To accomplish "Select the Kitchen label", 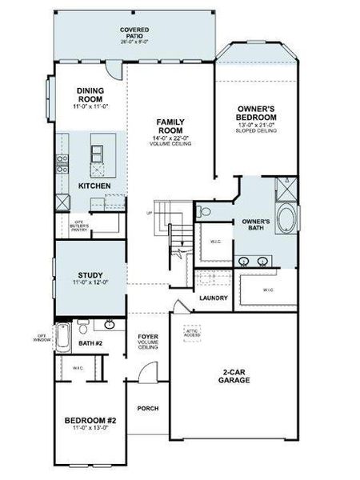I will pyautogui.click(x=94, y=186).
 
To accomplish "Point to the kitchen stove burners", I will pyautogui.click(x=61, y=164).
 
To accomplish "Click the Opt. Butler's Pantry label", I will pyautogui.click(x=78, y=225).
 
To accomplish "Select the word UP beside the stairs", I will pyautogui.click(x=148, y=214).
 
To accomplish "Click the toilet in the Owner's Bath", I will pyautogui.click(x=205, y=212).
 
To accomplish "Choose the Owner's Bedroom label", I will pyautogui.click(x=256, y=112).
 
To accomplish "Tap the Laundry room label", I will pyautogui.click(x=214, y=298).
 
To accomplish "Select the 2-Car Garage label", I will pyautogui.click(x=234, y=376).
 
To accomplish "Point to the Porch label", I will pyautogui.click(x=147, y=409).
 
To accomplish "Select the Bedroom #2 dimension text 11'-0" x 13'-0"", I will pyautogui.click(x=90, y=430).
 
